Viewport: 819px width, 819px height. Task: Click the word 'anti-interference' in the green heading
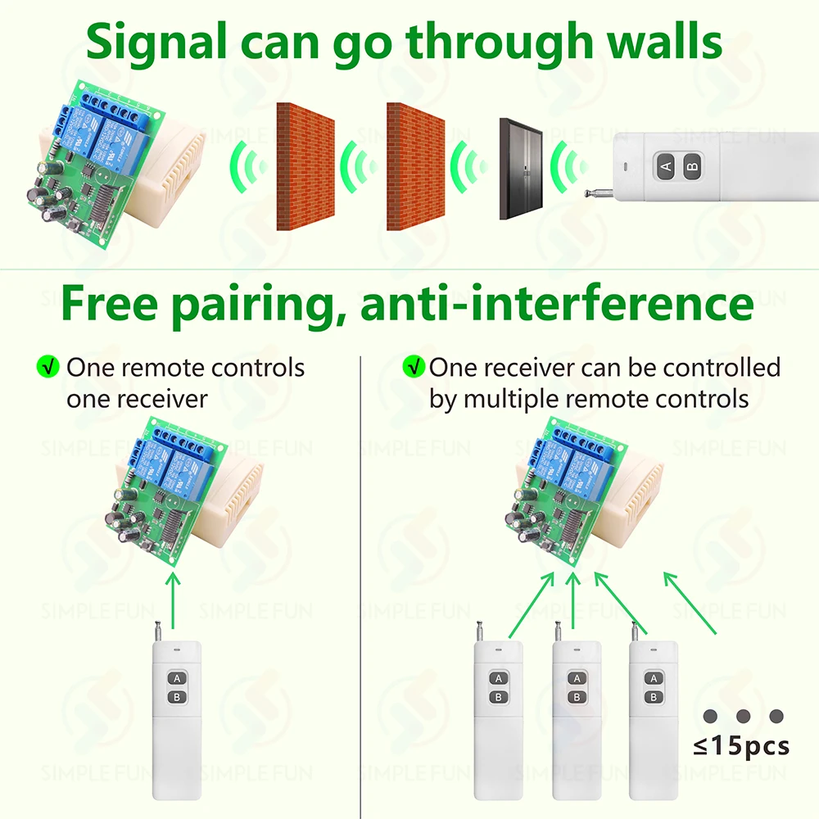click(x=557, y=304)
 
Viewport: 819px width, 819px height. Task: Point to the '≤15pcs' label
click(x=741, y=746)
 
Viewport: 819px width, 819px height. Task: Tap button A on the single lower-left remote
click(x=175, y=679)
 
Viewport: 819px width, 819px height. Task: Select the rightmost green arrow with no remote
click(x=690, y=602)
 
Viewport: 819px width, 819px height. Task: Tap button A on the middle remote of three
click(x=576, y=679)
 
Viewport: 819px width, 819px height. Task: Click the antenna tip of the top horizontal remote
click(x=589, y=194)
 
